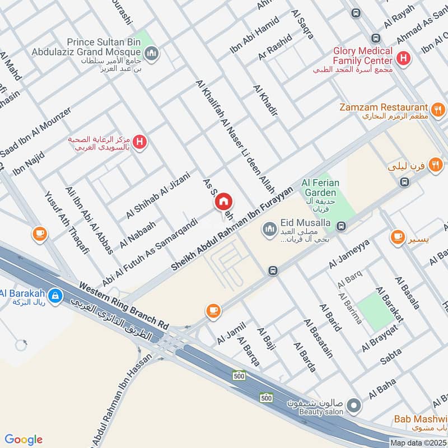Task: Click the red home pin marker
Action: [x=224, y=201]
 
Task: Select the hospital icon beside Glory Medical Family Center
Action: [x=402, y=57]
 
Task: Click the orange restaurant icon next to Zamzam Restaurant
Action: [x=438, y=109]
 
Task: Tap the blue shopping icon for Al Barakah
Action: [x=55, y=295]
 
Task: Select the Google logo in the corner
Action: [x=24, y=440]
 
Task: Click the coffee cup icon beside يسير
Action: [x=398, y=237]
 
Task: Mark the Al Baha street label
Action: [x=382, y=389]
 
